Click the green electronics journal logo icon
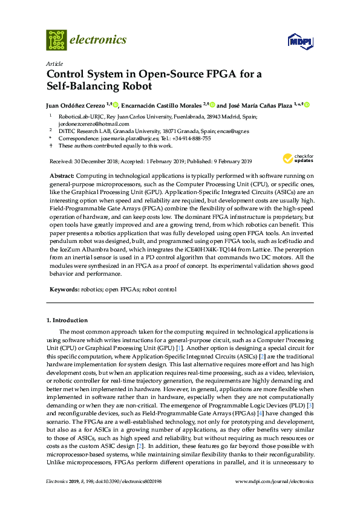[56, 40]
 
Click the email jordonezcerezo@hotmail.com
[94, 123]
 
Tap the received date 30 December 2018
[94, 161]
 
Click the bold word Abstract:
[62, 175]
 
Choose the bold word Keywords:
[64, 290]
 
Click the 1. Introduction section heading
[67, 320]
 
